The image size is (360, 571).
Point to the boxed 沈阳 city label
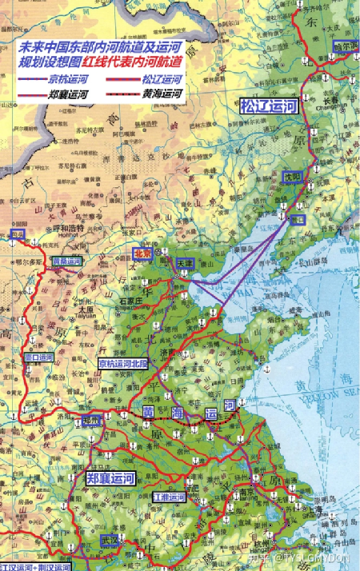[x=290, y=176]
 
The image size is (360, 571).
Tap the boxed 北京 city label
[x=143, y=253]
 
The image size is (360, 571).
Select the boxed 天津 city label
[x=186, y=262]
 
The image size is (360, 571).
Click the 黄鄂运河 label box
[x=66, y=262]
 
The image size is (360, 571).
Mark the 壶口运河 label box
[x=39, y=357]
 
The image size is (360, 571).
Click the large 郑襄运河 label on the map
[x=110, y=478]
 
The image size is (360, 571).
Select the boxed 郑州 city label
[x=92, y=420]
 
